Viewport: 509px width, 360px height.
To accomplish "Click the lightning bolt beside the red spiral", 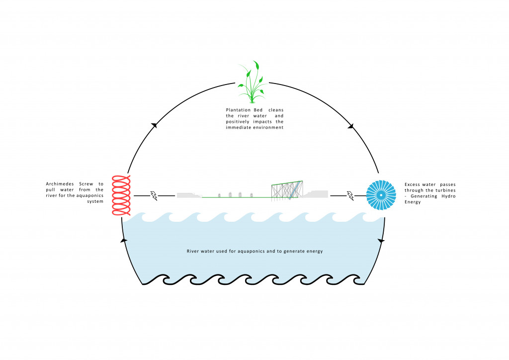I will tap(154, 196).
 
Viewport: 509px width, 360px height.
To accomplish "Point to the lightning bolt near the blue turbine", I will tap(350, 196).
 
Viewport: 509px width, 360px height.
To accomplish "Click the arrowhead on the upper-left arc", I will tap(154, 125).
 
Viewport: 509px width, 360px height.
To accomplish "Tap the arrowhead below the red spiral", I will tap(124, 241).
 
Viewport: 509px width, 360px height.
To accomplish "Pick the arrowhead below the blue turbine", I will tap(382, 241).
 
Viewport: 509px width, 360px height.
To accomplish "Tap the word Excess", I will tap(414, 184).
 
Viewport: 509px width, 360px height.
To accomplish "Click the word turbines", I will tap(445, 190).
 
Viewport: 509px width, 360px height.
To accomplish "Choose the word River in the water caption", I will tap(194, 251).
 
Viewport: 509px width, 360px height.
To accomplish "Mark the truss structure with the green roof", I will tap(287, 189).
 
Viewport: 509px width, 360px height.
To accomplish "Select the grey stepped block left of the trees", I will tap(189, 195).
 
